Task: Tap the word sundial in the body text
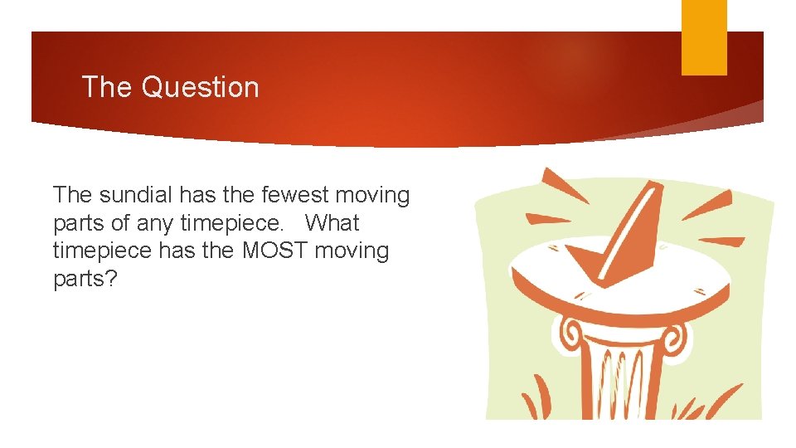pos(138,196)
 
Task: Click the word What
pos(332,223)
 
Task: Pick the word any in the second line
pos(154,223)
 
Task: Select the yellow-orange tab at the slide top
pos(704,37)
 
